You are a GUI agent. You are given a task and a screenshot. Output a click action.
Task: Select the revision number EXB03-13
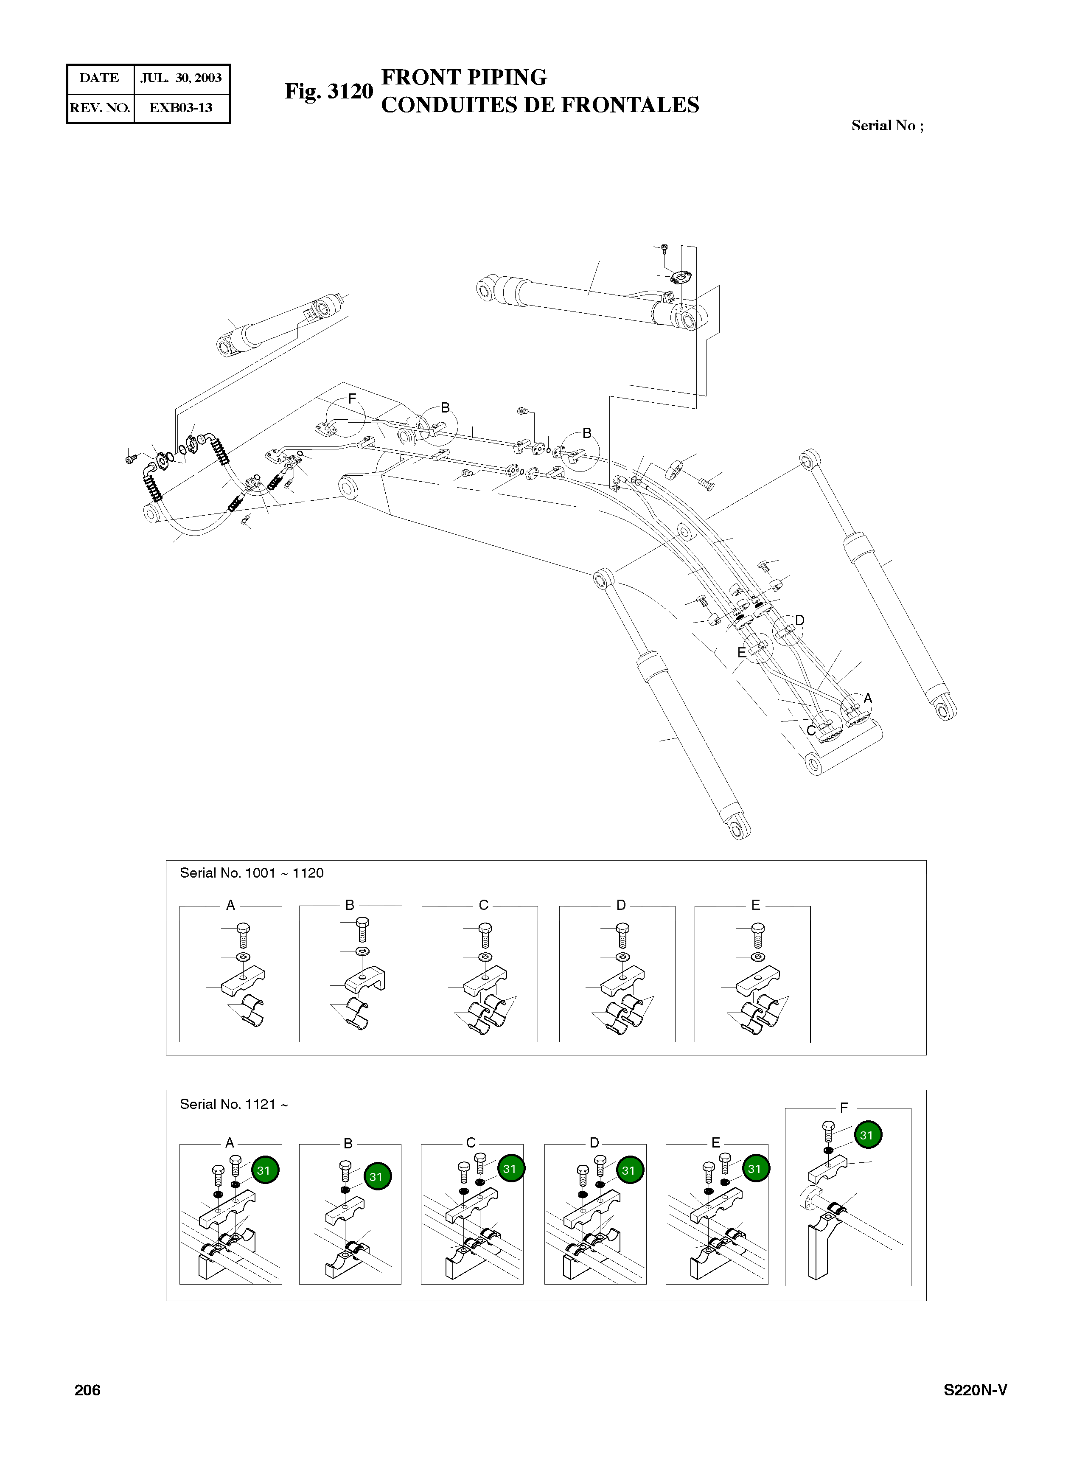click(181, 108)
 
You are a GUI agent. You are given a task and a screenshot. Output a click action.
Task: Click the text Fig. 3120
click(329, 91)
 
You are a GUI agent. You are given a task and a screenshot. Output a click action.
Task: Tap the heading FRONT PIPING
click(463, 77)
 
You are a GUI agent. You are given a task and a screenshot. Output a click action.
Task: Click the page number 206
click(87, 1390)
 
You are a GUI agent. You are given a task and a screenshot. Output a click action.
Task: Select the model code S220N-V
click(974, 1390)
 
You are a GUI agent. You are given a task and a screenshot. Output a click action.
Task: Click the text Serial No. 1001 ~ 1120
click(252, 873)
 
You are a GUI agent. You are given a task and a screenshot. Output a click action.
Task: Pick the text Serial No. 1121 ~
click(233, 1104)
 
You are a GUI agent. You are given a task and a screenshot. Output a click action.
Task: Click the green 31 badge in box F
click(867, 1135)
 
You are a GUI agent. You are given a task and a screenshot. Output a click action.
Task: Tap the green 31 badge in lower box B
click(377, 1176)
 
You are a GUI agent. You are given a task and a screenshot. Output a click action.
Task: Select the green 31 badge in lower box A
click(263, 1170)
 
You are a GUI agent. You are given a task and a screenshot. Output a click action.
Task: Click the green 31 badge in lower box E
click(754, 1168)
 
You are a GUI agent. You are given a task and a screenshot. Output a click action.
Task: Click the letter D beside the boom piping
click(799, 620)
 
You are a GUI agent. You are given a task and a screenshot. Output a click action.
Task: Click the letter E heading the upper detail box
click(755, 905)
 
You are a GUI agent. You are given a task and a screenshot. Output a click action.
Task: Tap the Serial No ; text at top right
click(887, 126)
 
